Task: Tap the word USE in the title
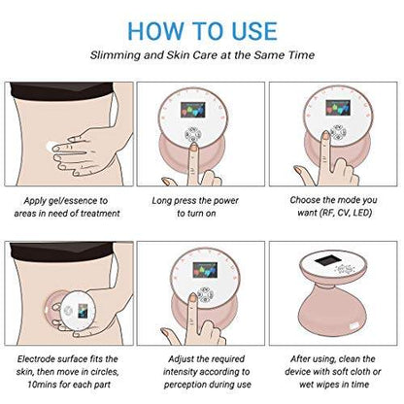tap(252, 31)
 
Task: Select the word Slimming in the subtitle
tap(115, 55)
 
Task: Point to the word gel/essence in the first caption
tap(73, 201)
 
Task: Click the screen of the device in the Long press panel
tap(193, 110)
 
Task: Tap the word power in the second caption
tap(225, 201)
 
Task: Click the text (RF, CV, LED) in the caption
tap(345, 213)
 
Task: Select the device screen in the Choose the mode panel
tap(338, 108)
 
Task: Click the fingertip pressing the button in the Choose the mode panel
tap(325, 135)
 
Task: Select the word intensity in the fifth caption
tap(180, 372)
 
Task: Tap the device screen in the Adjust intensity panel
tap(205, 270)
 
